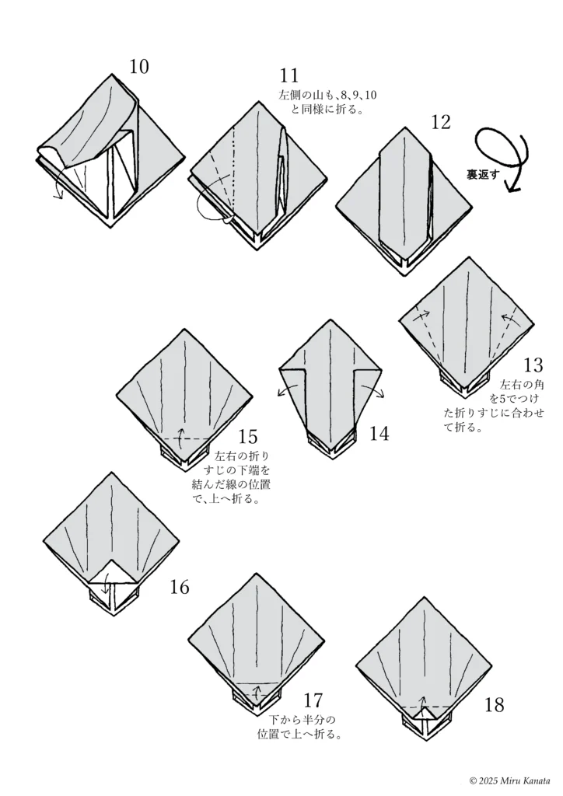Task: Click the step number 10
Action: [139, 67]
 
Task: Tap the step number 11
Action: [289, 76]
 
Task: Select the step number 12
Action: [440, 121]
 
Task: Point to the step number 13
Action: [533, 365]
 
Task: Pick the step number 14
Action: [379, 434]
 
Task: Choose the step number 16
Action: [179, 587]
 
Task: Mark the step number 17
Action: [313, 700]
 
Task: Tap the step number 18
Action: [494, 705]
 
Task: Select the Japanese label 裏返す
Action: [483, 176]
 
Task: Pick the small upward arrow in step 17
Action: [257, 689]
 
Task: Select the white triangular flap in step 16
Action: [110, 572]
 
